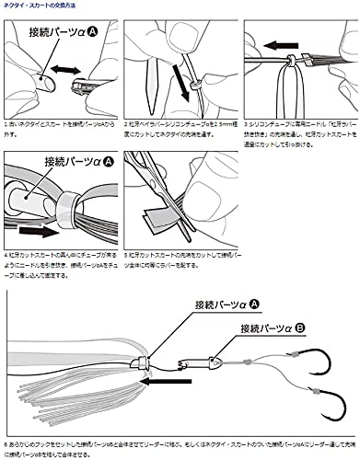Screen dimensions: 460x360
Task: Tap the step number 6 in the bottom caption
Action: point(5,443)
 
